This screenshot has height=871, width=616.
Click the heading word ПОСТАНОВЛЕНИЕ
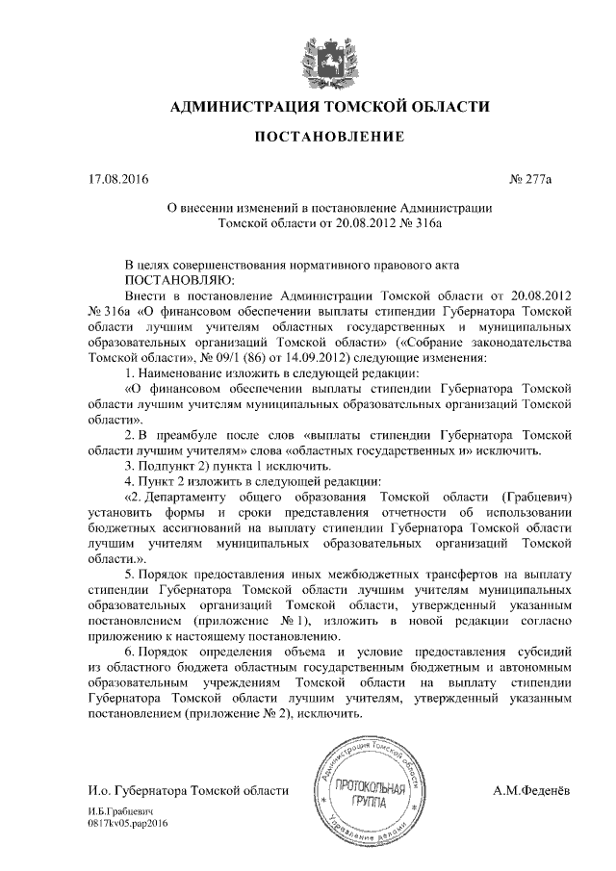(327, 139)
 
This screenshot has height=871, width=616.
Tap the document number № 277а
(539, 179)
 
